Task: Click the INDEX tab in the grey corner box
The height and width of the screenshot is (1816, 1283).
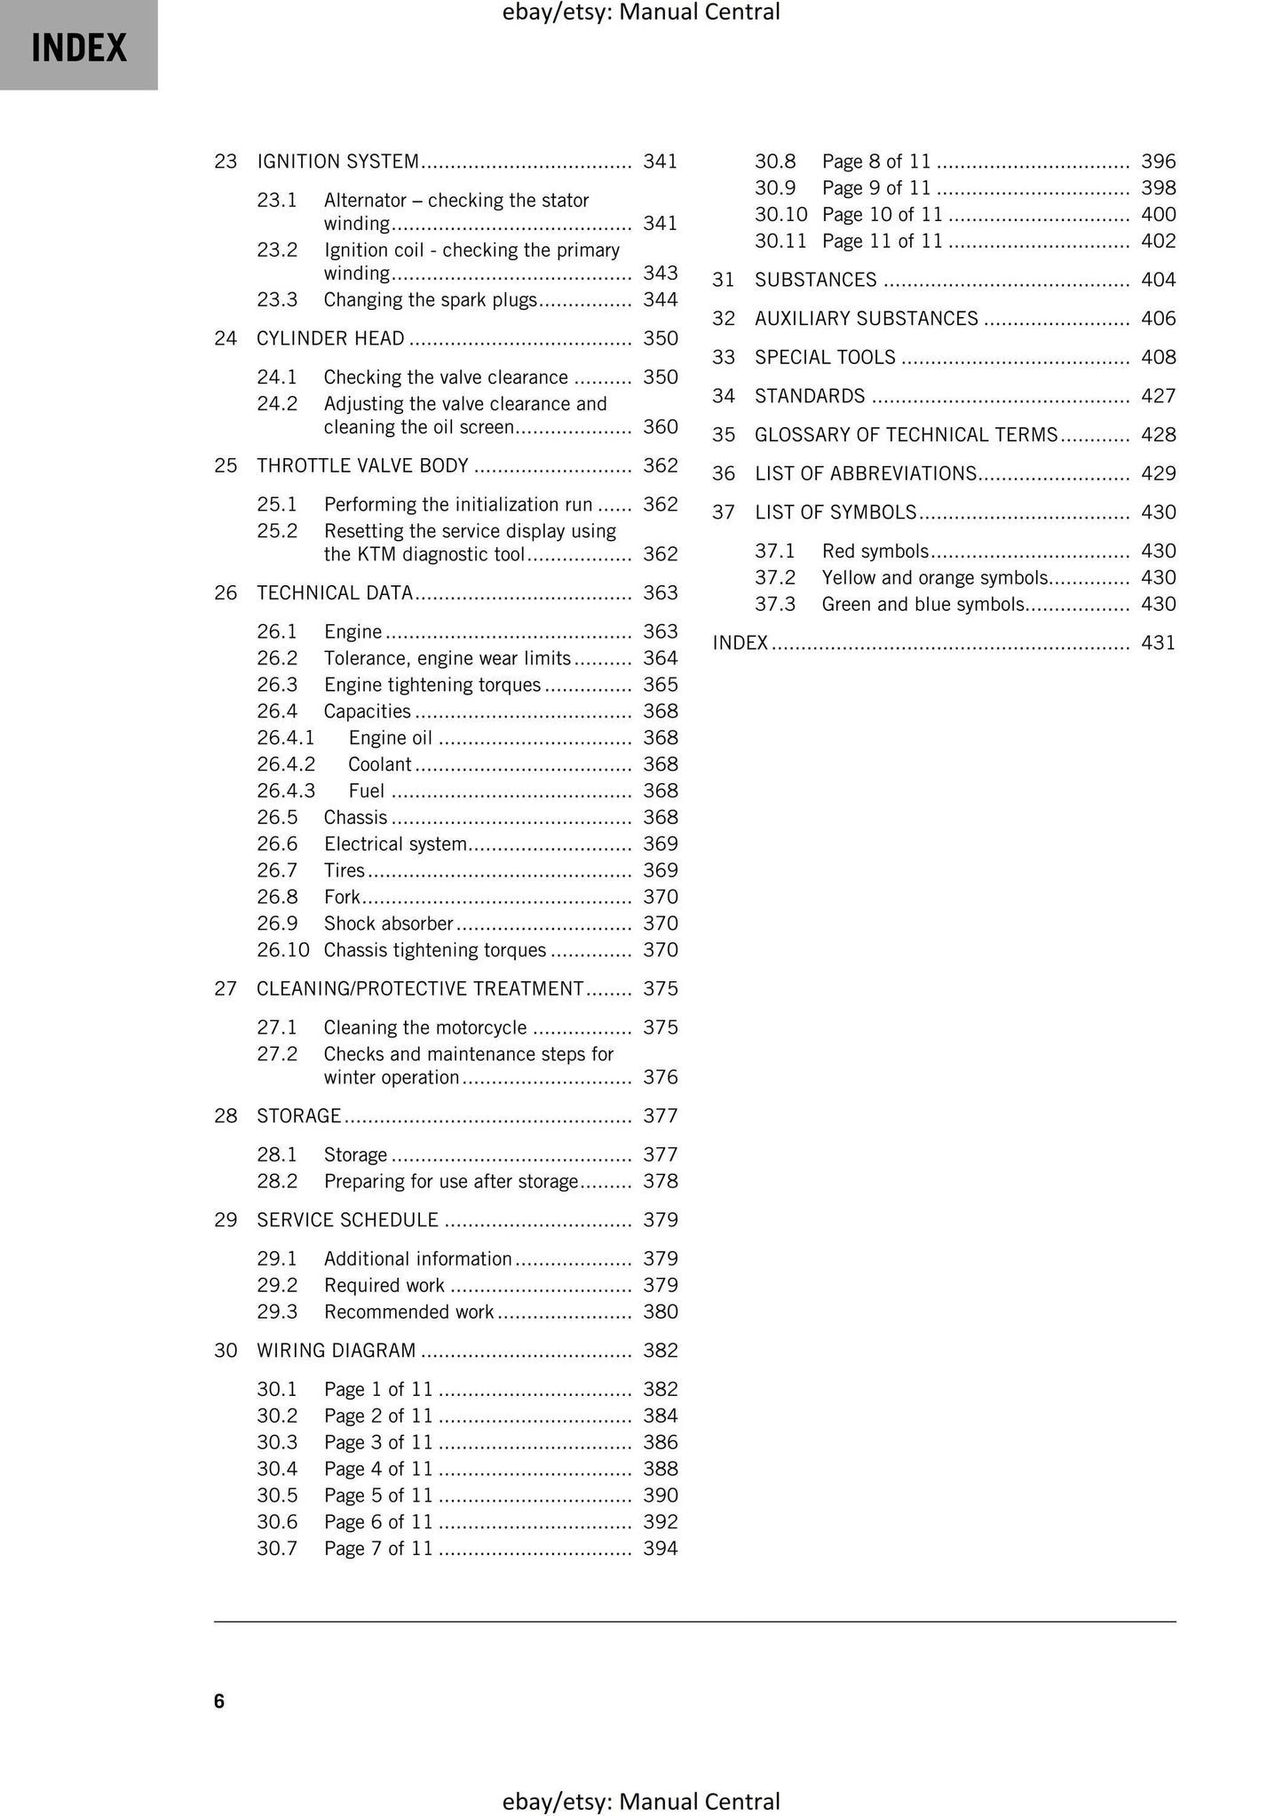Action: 79,47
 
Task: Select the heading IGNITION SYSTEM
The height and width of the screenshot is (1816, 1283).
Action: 337,162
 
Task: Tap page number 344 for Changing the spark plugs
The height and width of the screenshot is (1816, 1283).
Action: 660,300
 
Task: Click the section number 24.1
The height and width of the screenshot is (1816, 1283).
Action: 277,377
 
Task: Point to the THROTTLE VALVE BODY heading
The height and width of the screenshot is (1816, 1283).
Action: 362,466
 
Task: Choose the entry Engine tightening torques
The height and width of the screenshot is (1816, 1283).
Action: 432,686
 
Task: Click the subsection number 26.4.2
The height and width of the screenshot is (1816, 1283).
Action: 286,765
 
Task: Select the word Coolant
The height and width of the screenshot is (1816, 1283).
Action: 379,765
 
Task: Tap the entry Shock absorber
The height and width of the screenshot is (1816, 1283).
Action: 388,924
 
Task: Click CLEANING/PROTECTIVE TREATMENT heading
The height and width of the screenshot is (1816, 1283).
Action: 420,989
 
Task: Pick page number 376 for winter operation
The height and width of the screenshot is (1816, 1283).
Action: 660,1078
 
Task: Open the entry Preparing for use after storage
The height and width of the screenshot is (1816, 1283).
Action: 450,1182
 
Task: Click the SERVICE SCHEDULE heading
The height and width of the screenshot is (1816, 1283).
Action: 347,1220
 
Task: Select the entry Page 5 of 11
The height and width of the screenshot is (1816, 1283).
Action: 377,1495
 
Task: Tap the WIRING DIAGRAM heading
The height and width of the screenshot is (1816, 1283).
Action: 336,1351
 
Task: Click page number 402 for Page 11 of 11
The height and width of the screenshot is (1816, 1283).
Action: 1158,242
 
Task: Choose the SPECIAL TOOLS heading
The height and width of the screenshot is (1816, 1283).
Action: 825,358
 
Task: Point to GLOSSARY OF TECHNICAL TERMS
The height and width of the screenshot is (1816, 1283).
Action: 906,435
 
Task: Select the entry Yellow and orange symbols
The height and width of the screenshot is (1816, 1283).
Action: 934,578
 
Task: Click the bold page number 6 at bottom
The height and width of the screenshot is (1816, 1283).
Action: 219,1701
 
